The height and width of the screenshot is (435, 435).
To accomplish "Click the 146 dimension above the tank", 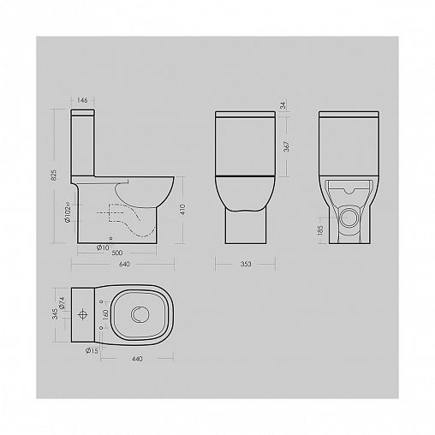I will click(x=82, y=101).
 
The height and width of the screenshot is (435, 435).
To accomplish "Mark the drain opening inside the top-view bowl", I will click(x=138, y=316).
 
